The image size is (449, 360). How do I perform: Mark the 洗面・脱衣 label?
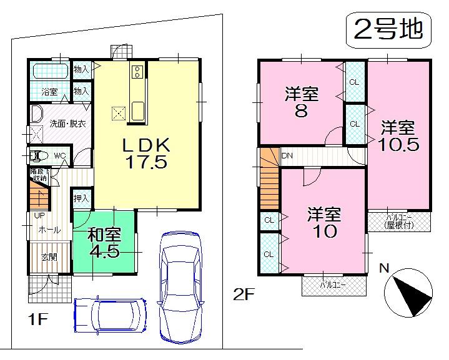67,124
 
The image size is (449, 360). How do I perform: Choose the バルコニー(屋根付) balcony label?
398,221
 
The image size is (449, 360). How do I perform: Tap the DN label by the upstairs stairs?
287,155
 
